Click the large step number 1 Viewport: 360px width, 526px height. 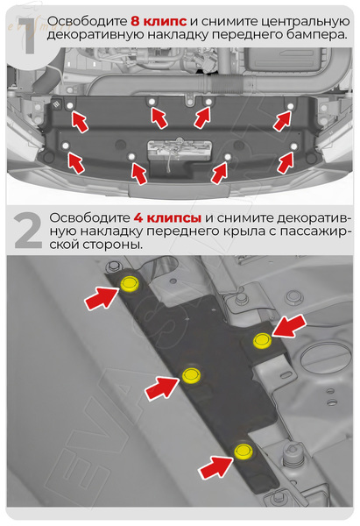(24, 32)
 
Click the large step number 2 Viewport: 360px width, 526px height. (26, 231)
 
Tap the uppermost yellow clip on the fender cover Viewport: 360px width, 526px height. (131, 283)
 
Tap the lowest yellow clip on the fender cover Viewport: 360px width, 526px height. (243, 452)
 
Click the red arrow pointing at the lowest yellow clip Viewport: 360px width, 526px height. (214, 467)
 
